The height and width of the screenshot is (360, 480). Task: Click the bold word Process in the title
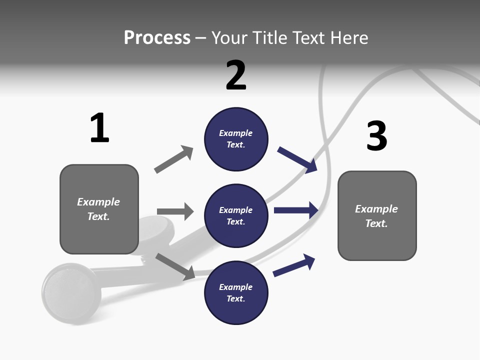click(x=157, y=37)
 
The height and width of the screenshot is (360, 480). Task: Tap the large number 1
click(x=99, y=128)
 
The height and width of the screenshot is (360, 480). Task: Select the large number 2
click(x=236, y=75)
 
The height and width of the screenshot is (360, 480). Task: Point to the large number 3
click(x=376, y=136)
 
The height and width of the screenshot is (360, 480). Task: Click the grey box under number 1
click(x=99, y=209)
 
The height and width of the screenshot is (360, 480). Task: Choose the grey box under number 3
click(x=377, y=215)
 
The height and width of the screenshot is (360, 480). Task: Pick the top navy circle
click(x=236, y=139)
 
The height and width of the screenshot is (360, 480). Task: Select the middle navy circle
click(x=236, y=216)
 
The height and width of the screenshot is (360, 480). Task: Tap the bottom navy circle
click(x=236, y=293)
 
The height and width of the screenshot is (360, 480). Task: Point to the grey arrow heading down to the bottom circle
click(x=175, y=266)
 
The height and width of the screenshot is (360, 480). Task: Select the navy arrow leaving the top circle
click(x=298, y=160)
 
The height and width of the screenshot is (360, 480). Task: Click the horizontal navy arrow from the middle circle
click(x=296, y=210)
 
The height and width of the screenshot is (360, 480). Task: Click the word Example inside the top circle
click(x=236, y=133)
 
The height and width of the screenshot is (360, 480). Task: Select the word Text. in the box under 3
click(x=376, y=223)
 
